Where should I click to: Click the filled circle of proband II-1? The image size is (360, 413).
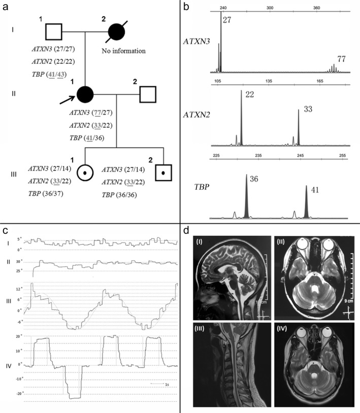(84, 94)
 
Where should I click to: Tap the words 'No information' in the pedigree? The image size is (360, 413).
(123, 51)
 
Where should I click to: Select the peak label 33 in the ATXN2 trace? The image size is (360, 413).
(308, 109)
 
